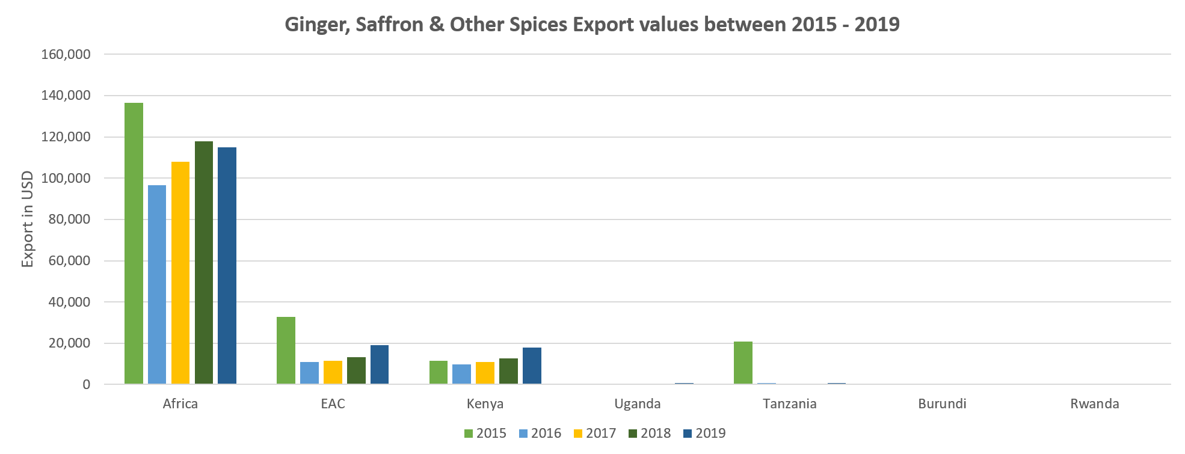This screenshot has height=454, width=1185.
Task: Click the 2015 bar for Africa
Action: click(x=134, y=244)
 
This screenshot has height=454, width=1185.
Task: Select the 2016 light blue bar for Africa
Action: click(x=157, y=284)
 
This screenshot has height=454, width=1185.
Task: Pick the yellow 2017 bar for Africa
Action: click(x=180, y=272)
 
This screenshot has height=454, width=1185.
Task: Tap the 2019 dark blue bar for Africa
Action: click(x=227, y=265)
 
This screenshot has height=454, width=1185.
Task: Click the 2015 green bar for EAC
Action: click(x=286, y=351)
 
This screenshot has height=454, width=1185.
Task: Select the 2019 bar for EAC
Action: click(x=380, y=364)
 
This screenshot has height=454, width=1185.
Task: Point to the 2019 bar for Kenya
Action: click(x=532, y=366)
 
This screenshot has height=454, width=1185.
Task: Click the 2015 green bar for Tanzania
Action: click(x=743, y=363)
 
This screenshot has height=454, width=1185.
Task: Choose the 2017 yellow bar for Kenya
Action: click(x=485, y=373)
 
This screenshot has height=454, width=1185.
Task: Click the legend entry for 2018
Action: click(x=649, y=434)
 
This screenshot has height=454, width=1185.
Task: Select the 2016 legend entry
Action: click(x=540, y=434)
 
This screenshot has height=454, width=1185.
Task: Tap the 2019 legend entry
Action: click(x=704, y=434)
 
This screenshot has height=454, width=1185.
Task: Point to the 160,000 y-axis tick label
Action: click(x=66, y=55)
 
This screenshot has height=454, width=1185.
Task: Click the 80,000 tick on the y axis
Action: click(x=69, y=220)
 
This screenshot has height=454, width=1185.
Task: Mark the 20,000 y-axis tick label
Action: click(x=69, y=344)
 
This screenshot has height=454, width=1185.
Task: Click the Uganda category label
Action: click(x=638, y=403)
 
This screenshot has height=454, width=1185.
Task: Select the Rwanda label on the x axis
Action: click(x=1095, y=403)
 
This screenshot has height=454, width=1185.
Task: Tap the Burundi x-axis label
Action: click(x=942, y=403)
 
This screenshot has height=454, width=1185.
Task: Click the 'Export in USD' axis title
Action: click(x=27, y=219)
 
